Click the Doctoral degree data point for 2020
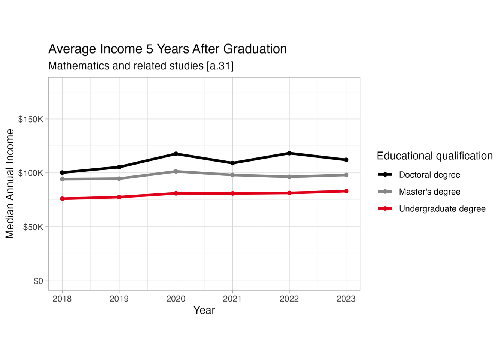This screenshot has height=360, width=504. pos(176,154)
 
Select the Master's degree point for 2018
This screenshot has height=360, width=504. pos(62,179)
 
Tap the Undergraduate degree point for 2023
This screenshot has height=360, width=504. pos(346,191)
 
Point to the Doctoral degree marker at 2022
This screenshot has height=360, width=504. pos(289,153)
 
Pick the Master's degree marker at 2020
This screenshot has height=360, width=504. pos(176,171)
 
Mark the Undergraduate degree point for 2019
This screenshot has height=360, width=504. pos(119,197)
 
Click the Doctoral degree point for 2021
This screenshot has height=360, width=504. pos(232,163)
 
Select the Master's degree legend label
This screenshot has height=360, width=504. pos(429,192)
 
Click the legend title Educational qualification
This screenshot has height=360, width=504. pos(435,156)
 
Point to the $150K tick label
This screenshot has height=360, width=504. pos(31,119)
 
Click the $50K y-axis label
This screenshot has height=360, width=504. pos(33,227)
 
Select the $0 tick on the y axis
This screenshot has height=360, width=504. pos(38,281)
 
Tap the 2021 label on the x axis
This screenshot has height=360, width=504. pos(232,298)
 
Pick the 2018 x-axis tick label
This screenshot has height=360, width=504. pos(62,298)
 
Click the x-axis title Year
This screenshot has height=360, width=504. pos(204,310)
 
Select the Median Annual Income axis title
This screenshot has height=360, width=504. pos(10,184)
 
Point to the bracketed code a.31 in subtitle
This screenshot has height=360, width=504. pos(220,66)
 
